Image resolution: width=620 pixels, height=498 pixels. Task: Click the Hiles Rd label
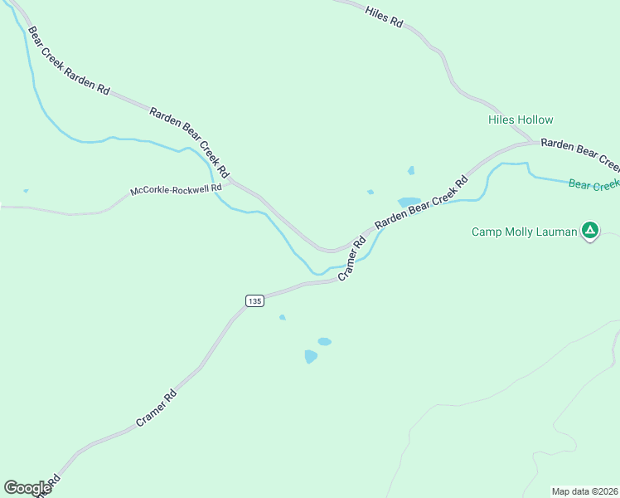(384, 17)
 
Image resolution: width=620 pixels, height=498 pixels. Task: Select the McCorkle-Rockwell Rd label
(177, 190)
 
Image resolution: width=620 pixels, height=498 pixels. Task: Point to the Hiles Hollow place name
(521, 120)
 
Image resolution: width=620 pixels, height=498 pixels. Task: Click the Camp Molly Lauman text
(524, 232)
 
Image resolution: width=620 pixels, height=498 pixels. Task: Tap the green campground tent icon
(589, 231)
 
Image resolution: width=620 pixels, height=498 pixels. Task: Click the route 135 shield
(254, 300)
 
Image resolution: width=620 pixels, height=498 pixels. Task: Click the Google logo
(27, 487)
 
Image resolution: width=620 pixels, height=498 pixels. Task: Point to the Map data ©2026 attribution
(584, 491)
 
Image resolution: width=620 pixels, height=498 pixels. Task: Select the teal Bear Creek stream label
(593, 184)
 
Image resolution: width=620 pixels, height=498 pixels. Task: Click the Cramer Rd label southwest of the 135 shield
(157, 408)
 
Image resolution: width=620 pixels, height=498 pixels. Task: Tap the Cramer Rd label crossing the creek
(352, 260)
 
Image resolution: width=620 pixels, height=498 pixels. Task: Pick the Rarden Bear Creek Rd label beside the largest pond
(421, 201)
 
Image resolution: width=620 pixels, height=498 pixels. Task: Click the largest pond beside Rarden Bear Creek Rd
(409, 202)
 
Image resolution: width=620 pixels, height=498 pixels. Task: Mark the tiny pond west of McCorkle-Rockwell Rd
(26, 191)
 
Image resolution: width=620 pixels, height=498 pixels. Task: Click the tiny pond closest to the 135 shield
(283, 317)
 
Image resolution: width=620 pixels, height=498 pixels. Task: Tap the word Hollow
(536, 120)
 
